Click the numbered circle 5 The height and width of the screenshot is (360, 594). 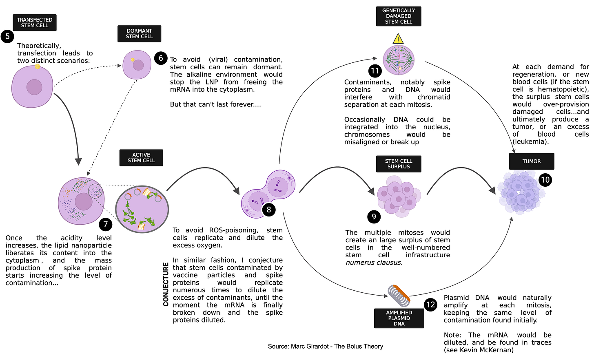(7, 36)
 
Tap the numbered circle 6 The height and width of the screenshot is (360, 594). (161, 58)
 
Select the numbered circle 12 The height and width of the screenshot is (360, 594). (430, 305)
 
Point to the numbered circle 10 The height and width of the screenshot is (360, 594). (545, 180)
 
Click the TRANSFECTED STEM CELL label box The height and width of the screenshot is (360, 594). (35, 22)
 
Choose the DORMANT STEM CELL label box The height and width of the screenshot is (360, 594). (139, 33)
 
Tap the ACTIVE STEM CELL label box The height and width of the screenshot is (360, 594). (141, 158)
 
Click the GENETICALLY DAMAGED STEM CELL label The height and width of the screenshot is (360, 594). (399, 16)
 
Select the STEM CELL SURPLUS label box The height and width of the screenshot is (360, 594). (399, 164)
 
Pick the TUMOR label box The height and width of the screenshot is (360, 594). (531, 161)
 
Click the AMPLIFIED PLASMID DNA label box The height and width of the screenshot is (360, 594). (399, 318)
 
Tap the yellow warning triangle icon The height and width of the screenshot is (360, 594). (398, 39)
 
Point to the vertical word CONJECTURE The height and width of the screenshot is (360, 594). (166, 284)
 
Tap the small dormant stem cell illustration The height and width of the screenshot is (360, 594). (137, 65)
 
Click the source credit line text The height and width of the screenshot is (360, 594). (325, 346)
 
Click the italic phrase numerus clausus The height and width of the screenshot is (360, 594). (373, 263)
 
